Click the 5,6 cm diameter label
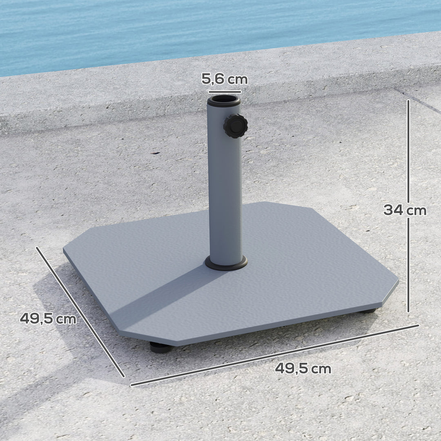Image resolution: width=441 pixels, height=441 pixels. pyautogui.click(x=224, y=79)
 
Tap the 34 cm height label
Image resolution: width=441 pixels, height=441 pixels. pyautogui.click(x=404, y=210)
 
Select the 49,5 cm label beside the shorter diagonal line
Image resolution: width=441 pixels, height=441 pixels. pyautogui.click(x=48, y=318)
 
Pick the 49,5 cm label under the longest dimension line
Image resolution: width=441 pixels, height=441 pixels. pyautogui.click(x=303, y=368)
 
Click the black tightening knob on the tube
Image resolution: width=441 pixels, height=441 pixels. pyautogui.click(x=235, y=126)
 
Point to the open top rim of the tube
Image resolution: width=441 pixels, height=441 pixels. pyautogui.click(x=223, y=100)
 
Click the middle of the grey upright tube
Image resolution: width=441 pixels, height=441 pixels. pyautogui.click(x=225, y=184)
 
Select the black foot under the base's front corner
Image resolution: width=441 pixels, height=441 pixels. pyautogui.click(x=160, y=347)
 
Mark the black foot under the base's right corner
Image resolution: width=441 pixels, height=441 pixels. pyautogui.click(x=368, y=311)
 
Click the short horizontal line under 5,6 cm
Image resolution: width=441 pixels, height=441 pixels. pyautogui.click(x=224, y=92)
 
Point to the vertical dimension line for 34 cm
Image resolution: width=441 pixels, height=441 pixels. pyautogui.click(x=408, y=204)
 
